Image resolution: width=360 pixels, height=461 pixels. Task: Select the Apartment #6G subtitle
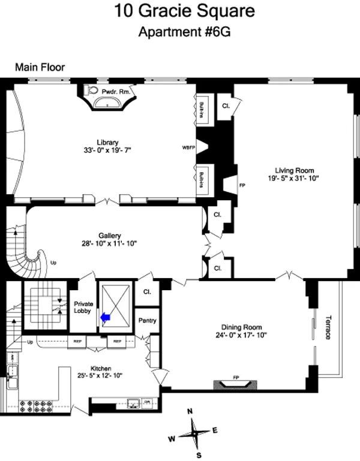coord(181,31)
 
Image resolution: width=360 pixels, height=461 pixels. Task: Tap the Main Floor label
coord(40,68)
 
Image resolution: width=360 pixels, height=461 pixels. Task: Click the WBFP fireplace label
coord(189,146)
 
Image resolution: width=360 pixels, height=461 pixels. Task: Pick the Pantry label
coord(146,321)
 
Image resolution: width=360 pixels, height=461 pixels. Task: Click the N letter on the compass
coord(190,412)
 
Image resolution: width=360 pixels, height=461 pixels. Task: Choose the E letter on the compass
coord(214,430)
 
